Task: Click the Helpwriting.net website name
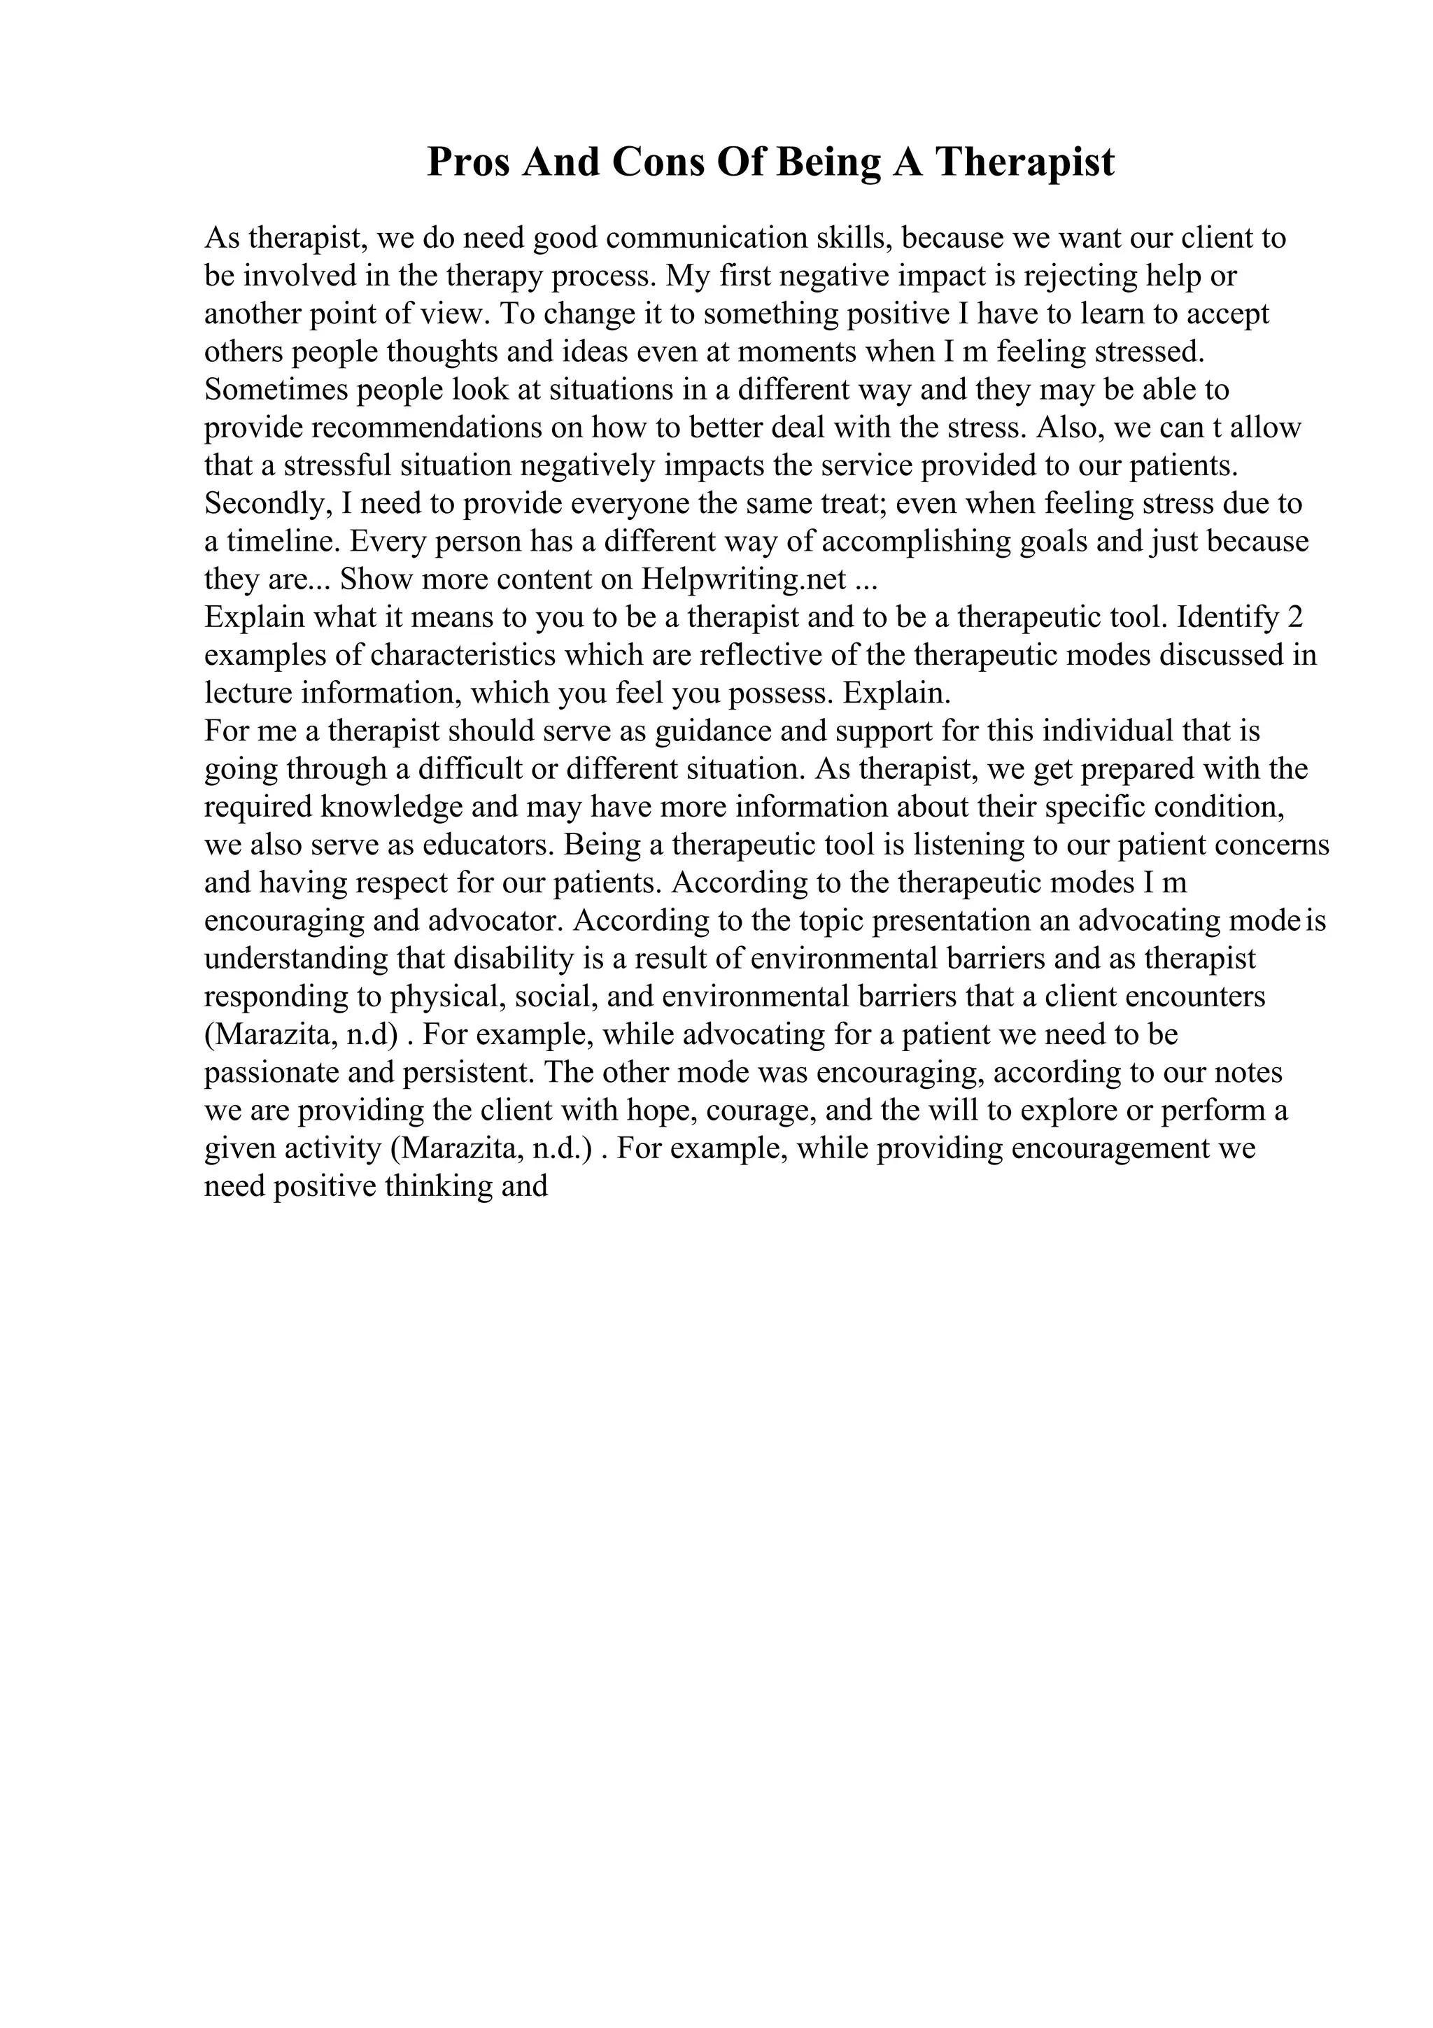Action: [x=744, y=579]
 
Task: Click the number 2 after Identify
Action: [x=1295, y=617]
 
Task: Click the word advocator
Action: [x=495, y=921]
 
